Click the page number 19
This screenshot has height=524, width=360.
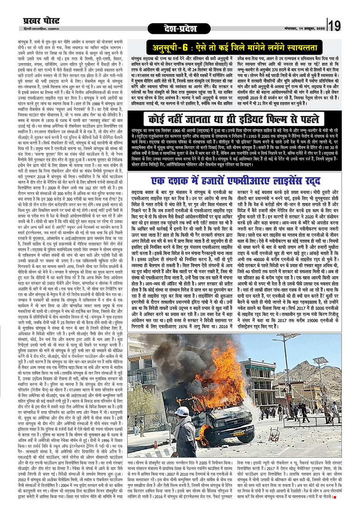[x=334, y=26]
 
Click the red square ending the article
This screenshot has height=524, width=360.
[x=334, y=508]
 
